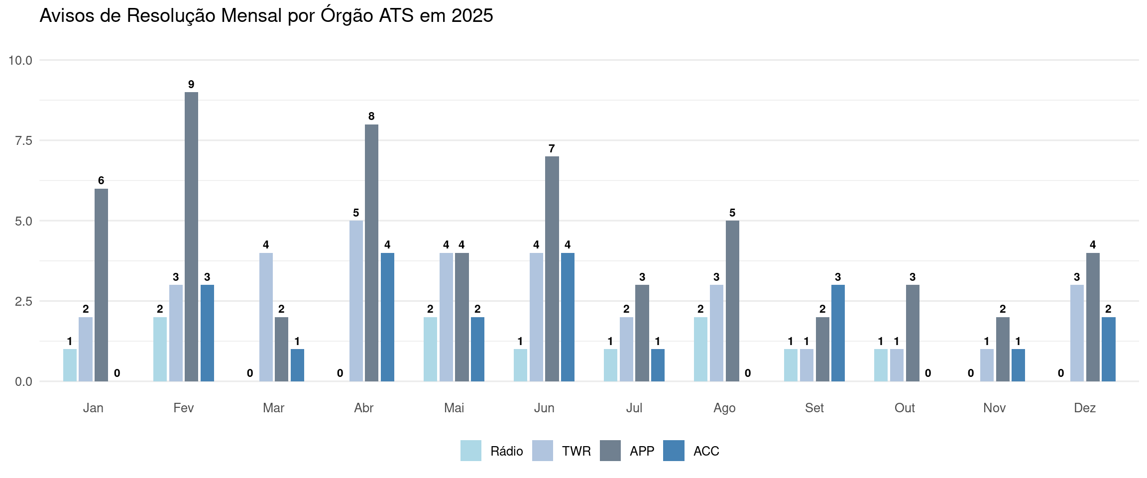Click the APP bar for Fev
click(x=191, y=237)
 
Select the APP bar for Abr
click(x=371, y=253)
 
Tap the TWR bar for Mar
click(x=266, y=317)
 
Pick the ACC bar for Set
click(x=838, y=333)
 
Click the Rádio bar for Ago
click(x=700, y=349)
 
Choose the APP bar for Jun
click(x=552, y=269)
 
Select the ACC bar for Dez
click(x=1108, y=349)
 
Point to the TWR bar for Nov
click(x=987, y=365)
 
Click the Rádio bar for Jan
click(x=70, y=365)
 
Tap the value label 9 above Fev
click(x=191, y=84)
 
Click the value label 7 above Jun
click(x=552, y=148)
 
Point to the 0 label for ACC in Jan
click(x=117, y=373)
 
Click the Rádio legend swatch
click(x=470, y=451)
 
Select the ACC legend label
click(x=706, y=451)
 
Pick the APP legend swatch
click(x=610, y=451)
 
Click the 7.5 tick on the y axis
click(x=23, y=140)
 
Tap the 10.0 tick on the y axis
click(x=20, y=60)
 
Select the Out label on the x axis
click(x=905, y=408)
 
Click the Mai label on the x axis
click(x=454, y=408)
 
